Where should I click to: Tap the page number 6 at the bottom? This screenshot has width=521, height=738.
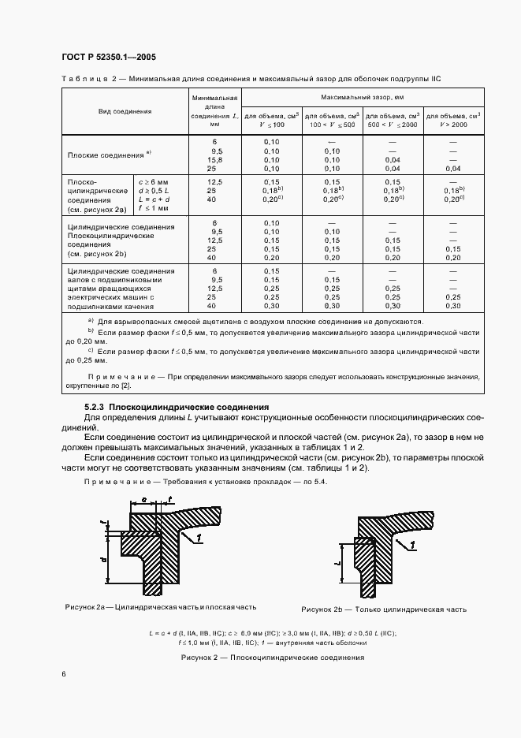(64, 674)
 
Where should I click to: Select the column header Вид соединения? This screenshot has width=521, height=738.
(125, 112)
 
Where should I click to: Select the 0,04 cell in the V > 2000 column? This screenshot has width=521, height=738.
(452, 169)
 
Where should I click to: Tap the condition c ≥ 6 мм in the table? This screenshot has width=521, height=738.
(154, 181)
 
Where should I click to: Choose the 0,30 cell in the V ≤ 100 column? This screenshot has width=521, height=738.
(271, 305)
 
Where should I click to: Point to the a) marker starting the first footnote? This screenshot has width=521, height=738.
(91, 321)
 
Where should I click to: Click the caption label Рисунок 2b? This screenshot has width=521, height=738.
(324, 609)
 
